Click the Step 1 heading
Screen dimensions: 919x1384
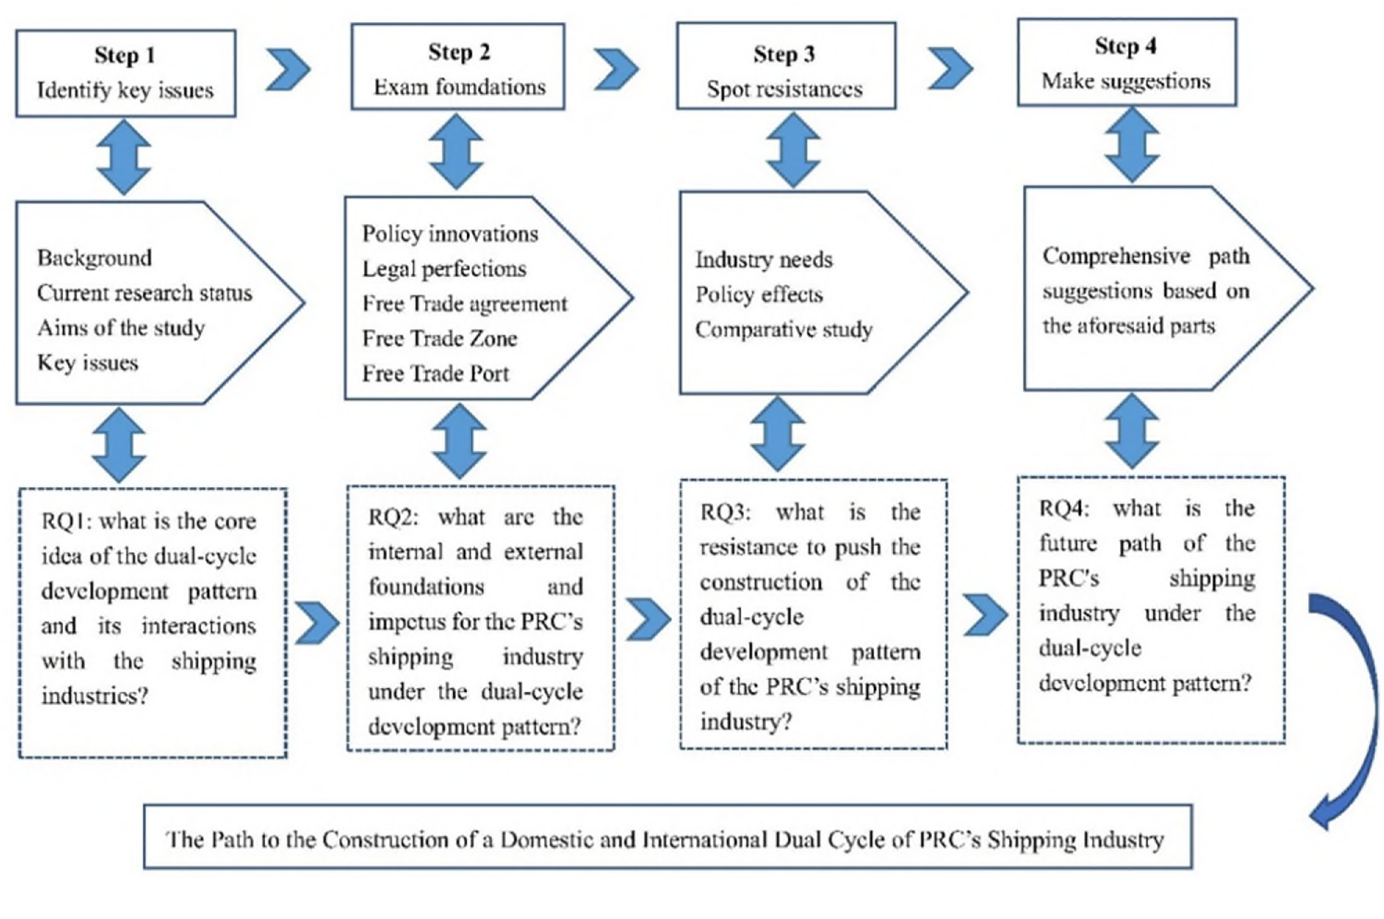[125, 56]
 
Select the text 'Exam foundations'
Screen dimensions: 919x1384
[459, 87]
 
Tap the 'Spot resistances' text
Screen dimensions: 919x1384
[785, 89]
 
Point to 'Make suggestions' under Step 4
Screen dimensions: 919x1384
[1126, 81]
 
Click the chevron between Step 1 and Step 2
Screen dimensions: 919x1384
[288, 69]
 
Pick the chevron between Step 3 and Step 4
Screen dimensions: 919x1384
[950, 68]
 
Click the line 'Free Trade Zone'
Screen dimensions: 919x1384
[439, 339]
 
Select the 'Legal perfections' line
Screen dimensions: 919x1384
[444, 269]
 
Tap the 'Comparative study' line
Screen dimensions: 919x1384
[783, 329]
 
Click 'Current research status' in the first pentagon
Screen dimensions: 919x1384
[144, 293]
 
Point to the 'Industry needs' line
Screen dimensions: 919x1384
[764, 260]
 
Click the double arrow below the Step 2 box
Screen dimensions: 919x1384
[456, 152]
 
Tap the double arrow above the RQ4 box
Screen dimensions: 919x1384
[1132, 432]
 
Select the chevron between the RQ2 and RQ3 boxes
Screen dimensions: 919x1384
[648, 619]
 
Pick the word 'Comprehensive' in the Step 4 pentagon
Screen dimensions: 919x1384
[1116, 256]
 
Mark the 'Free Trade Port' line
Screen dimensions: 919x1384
[435, 374]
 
